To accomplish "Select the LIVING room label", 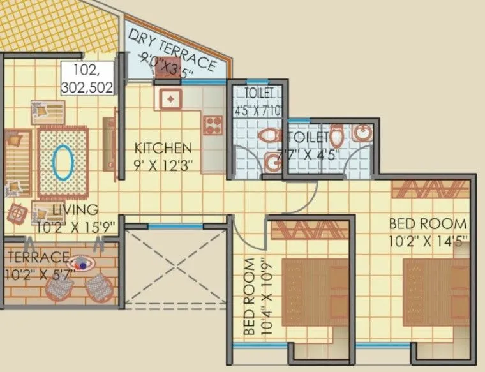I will (x=75, y=209).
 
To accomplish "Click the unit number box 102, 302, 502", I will (x=89, y=78).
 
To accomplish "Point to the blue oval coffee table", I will (x=62, y=163).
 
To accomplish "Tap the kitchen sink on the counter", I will (x=172, y=99).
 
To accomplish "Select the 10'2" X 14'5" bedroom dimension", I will (x=428, y=241).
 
